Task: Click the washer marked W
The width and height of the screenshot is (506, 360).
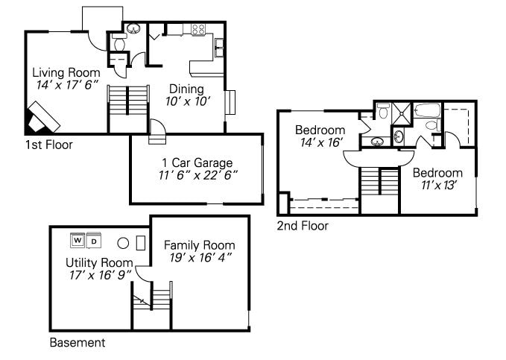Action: pyautogui.click(x=78, y=240)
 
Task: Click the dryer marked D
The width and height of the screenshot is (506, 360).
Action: pyautogui.click(x=94, y=241)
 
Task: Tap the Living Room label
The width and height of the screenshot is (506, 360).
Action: pyautogui.click(x=66, y=72)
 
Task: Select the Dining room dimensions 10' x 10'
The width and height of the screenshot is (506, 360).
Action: pyautogui.click(x=188, y=101)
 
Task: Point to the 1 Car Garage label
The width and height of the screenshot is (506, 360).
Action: pyautogui.click(x=197, y=162)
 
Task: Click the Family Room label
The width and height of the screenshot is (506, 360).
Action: pyautogui.click(x=200, y=245)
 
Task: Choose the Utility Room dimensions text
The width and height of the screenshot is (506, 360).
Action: pyautogui.click(x=101, y=275)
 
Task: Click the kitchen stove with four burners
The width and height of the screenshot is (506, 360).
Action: pyautogui.click(x=198, y=30)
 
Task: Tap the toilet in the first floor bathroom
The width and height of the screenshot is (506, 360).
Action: pyautogui.click(x=119, y=42)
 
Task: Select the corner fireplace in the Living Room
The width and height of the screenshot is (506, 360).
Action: pyautogui.click(x=42, y=119)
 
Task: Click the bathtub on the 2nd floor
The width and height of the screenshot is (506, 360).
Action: pyautogui.click(x=428, y=110)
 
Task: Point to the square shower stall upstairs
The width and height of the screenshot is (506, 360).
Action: pyautogui.click(x=402, y=113)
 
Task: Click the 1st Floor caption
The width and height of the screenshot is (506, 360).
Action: pyautogui.click(x=49, y=145)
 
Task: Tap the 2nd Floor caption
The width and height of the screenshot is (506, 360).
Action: pyautogui.click(x=303, y=226)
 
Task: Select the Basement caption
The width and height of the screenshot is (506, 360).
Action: pyautogui.click(x=78, y=342)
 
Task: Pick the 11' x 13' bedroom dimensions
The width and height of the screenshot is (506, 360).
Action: pyautogui.click(x=438, y=186)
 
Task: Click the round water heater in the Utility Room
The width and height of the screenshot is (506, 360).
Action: pyautogui.click(x=123, y=243)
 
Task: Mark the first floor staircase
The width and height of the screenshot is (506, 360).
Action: pyautogui.click(x=128, y=109)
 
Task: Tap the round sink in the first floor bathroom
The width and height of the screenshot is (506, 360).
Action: pyautogui.click(x=133, y=28)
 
